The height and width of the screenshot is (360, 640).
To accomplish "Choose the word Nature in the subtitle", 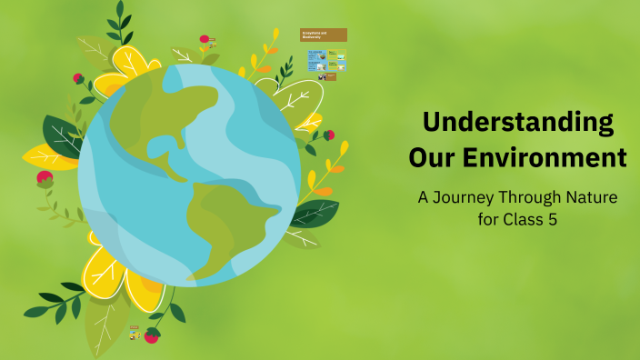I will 595,197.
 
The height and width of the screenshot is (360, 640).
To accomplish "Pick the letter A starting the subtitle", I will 422,197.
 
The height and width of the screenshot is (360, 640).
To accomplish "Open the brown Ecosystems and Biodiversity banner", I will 323,35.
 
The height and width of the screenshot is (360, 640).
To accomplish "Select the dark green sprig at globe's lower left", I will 55,305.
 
